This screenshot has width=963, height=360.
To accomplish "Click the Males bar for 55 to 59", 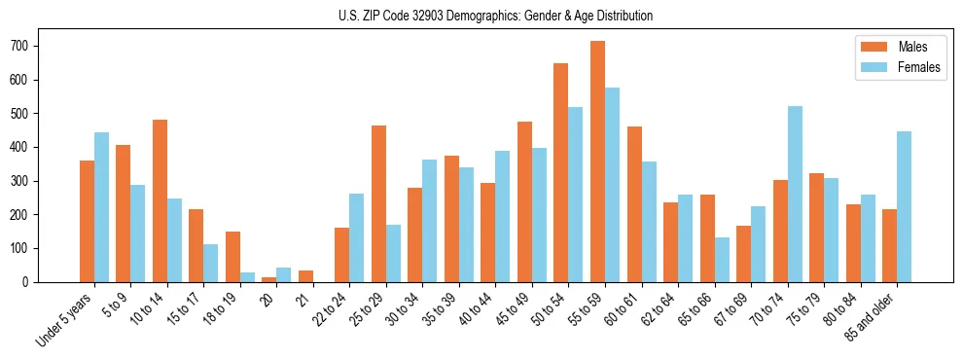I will click(x=597, y=162).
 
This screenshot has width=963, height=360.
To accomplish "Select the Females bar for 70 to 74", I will click(x=795, y=194).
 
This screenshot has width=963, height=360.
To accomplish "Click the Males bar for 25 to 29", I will click(x=378, y=203).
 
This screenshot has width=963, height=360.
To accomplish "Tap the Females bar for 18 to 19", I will click(x=247, y=277).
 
